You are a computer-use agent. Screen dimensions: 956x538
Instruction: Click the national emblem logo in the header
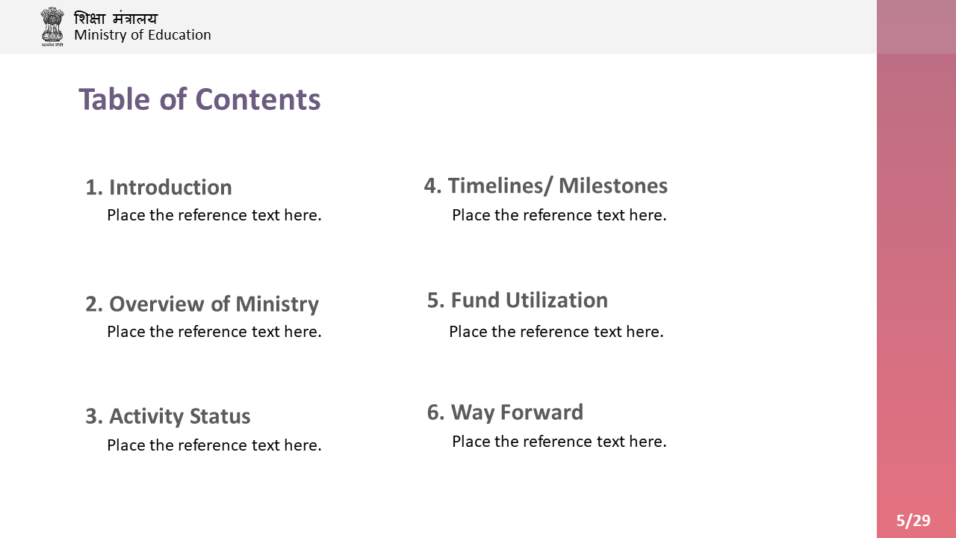(52, 26)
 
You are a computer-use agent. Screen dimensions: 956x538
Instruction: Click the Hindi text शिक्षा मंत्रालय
(116, 19)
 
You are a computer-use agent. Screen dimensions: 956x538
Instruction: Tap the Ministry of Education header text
(143, 35)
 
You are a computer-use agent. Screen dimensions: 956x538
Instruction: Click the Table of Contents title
(199, 99)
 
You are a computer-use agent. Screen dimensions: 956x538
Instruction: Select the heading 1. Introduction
(159, 188)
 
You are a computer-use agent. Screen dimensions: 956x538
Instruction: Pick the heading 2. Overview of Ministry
(202, 304)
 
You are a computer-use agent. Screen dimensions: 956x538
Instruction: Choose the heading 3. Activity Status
(168, 416)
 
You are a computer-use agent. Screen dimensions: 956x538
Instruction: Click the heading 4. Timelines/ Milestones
(546, 186)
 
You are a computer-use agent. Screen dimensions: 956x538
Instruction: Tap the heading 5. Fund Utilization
(518, 300)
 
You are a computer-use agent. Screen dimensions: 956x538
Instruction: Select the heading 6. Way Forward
(506, 412)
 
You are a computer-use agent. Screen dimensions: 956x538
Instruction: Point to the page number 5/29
(913, 521)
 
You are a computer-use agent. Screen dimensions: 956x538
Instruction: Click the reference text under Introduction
(214, 215)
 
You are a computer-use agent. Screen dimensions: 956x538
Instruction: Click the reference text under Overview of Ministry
(214, 332)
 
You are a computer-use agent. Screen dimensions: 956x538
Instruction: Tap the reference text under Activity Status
(214, 445)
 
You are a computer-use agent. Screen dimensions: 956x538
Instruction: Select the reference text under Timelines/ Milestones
(559, 215)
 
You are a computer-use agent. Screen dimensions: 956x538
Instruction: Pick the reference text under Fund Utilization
(556, 332)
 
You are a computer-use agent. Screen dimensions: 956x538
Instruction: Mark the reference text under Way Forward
(559, 442)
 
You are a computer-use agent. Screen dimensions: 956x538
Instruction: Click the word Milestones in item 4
(613, 186)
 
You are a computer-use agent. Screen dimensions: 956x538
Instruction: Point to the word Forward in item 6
(541, 412)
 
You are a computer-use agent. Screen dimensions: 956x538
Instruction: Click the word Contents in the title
(258, 99)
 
